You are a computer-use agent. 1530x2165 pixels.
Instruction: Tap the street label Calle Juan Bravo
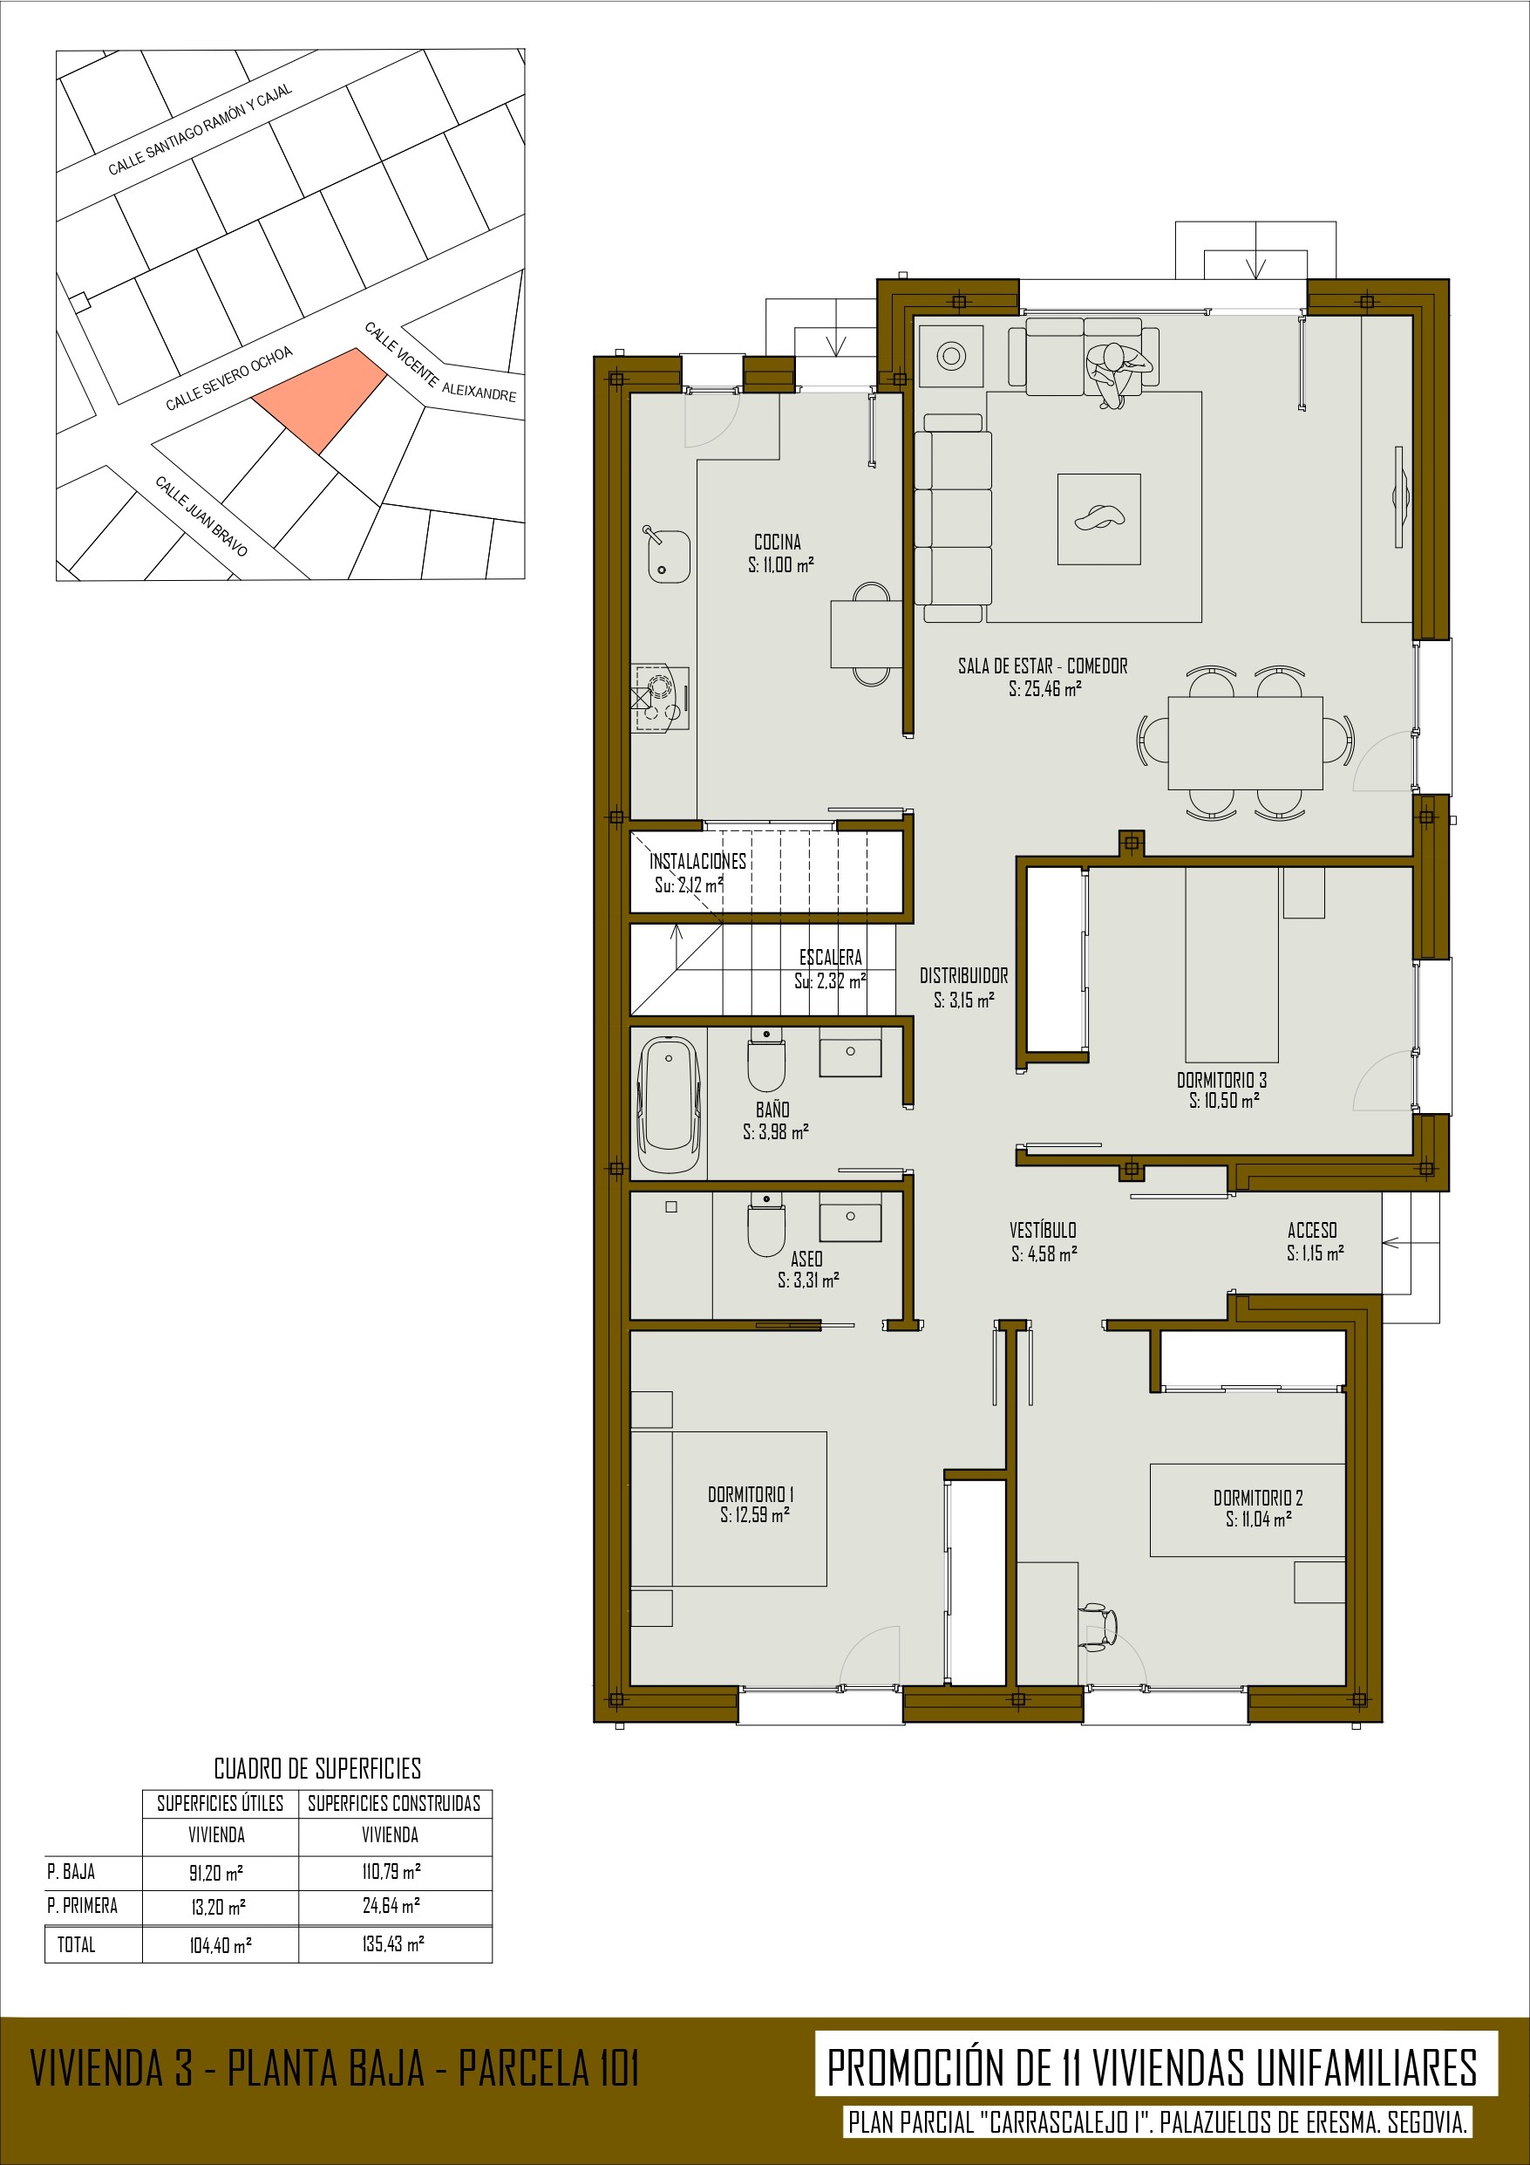[x=201, y=516]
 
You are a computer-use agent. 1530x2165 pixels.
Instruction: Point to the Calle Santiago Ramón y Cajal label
[x=200, y=129]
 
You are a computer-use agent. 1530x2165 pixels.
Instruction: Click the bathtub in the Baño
[x=670, y=1104]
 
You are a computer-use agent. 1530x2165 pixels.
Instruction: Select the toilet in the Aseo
[x=766, y=1226]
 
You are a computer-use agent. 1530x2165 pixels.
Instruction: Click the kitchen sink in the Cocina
[x=668, y=556]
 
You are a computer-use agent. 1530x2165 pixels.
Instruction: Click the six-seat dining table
[x=1245, y=743]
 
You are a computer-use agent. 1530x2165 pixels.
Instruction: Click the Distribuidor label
[x=963, y=976]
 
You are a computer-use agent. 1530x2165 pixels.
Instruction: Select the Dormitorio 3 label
[x=1221, y=1080]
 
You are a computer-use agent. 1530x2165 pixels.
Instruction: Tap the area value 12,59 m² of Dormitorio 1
[x=755, y=1514]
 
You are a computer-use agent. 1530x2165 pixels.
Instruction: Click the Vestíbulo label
[x=1043, y=1230]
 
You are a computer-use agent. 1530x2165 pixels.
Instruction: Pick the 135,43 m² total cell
[x=393, y=1943]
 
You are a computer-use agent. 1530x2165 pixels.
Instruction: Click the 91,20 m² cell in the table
[x=221, y=1872]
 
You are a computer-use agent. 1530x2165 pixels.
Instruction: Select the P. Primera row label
[x=82, y=1906]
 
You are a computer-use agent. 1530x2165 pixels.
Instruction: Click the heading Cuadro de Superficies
[x=317, y=1768]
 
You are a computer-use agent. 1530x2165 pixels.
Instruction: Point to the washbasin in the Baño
[x=850, y=1051]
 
